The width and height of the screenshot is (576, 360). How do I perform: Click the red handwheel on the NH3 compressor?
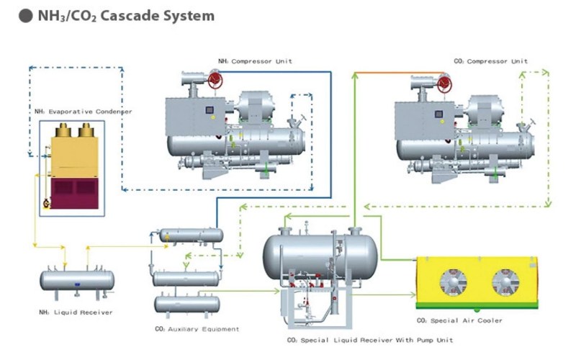pos(216,81)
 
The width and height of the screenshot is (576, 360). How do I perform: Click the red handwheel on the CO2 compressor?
pos(446,81)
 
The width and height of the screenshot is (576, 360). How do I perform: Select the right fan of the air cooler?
pos(506,282)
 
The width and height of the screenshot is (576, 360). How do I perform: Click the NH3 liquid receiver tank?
pos(76,279)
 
